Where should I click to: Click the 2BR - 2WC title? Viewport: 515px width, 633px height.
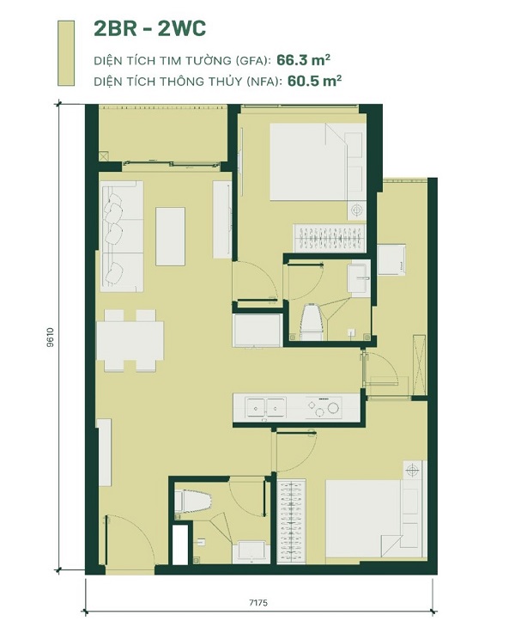pos(149,28)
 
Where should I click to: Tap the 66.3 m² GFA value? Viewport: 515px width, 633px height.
pos(304,60)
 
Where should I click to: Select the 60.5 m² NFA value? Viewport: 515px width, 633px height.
pos(314,81)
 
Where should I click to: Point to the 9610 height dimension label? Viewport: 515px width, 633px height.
pos(51,338)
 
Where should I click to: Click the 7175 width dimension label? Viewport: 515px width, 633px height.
pos(258,603)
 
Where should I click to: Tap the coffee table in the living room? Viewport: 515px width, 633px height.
pos(170,236)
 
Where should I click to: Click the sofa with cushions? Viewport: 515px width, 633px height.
pos(121,236)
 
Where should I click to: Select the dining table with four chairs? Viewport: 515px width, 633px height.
pos(130,340)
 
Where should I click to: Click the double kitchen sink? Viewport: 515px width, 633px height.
pos(266,407)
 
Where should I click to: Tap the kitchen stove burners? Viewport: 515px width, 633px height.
pos(324,407)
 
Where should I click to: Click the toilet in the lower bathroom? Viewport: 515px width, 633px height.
pos(193,502)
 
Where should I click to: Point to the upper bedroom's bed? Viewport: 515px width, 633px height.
pos(318,161)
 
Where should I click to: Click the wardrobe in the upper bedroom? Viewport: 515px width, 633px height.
pos(330,239)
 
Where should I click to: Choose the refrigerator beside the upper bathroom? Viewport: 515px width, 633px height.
pos(257,330)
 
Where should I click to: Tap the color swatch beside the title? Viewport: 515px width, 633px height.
pos(66,53)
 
